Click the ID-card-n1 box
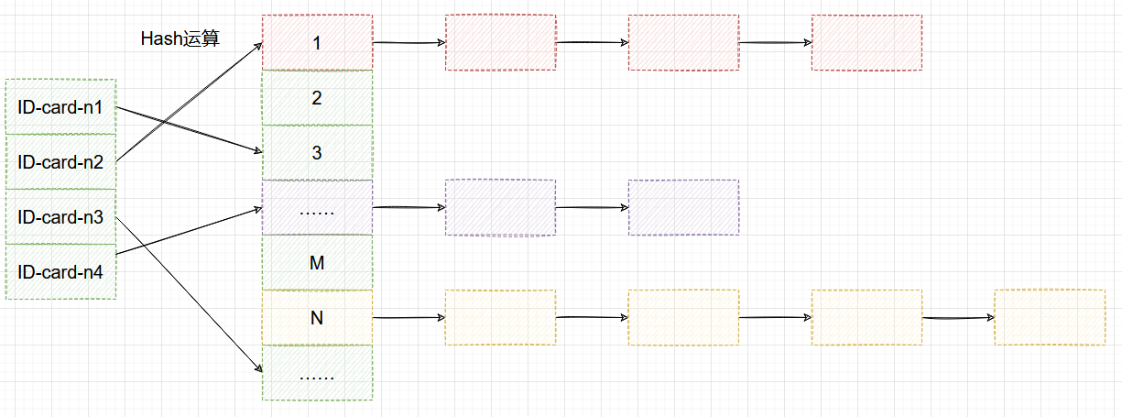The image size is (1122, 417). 60,107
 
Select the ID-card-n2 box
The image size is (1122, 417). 60,162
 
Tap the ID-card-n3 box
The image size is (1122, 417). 60,217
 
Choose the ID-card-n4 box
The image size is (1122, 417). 60,271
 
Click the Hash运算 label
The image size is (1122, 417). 180,38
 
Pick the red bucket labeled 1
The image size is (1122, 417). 317,42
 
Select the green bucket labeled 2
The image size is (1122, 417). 317,97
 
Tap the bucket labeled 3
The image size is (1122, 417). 317,152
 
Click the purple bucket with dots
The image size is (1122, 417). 317,207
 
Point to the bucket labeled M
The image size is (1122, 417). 317,263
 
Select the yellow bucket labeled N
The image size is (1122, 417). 317,318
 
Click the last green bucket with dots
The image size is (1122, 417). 317,373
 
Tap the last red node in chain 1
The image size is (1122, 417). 866,42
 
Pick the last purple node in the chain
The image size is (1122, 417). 683,207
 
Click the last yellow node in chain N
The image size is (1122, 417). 1050,317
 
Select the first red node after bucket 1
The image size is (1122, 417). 500,42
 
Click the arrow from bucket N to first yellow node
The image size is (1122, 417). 408,318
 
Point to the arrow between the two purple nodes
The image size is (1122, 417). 592,207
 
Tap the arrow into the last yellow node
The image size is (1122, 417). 958,318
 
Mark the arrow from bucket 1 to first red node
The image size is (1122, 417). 408,43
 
